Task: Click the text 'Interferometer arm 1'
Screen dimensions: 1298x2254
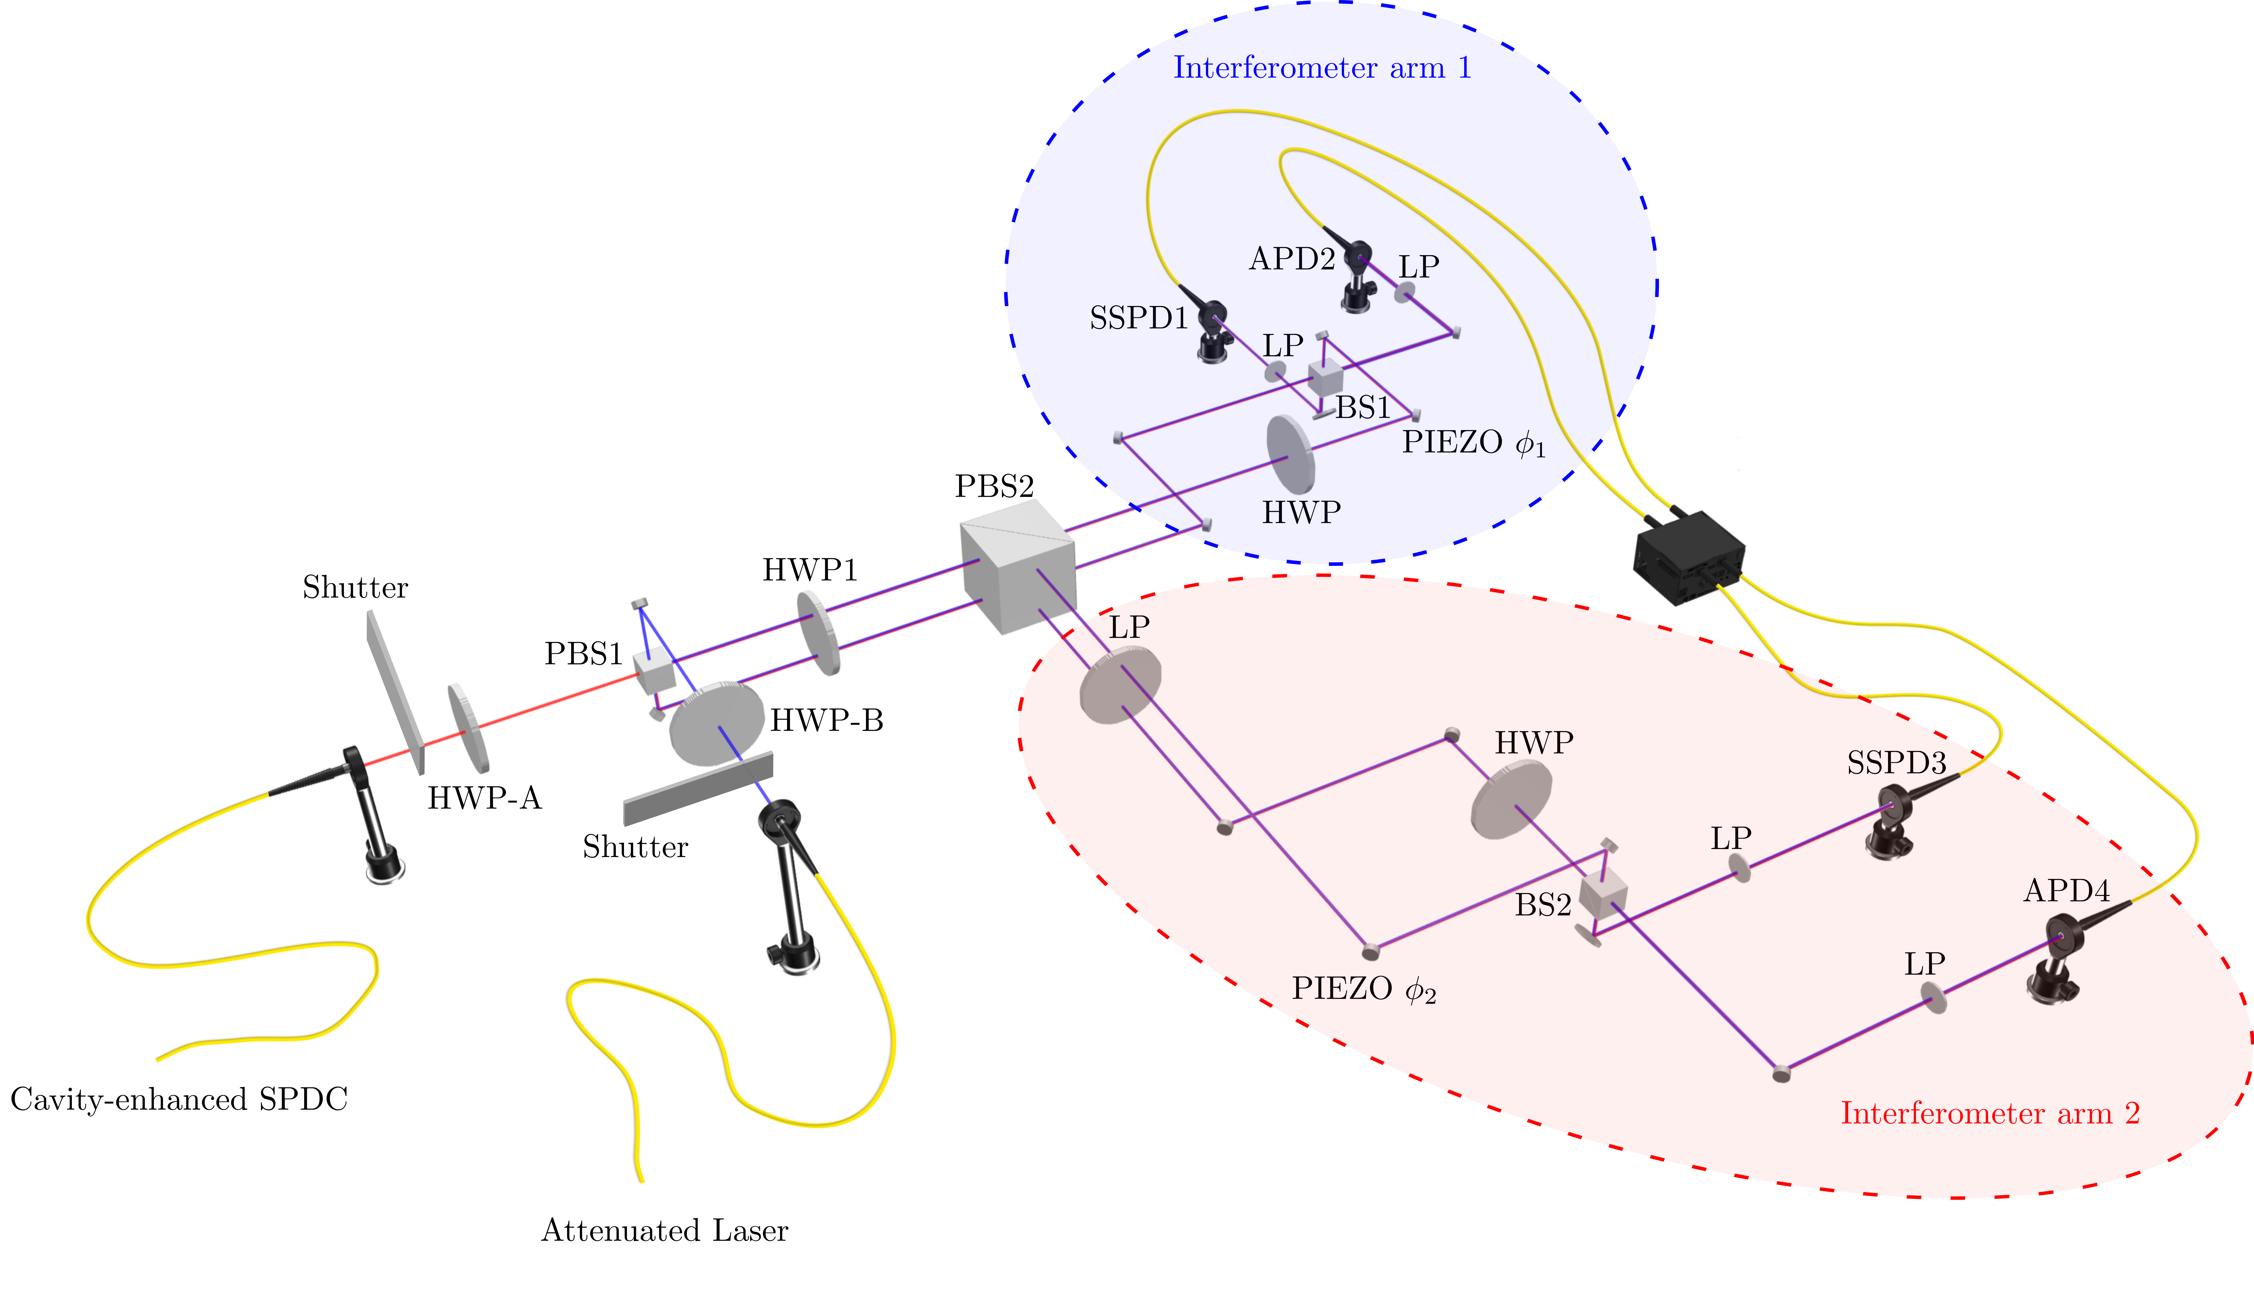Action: pos(1322,68)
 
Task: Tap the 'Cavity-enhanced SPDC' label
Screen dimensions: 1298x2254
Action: pos(179,1099)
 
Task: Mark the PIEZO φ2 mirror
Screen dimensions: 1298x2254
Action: pos(1371,951)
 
